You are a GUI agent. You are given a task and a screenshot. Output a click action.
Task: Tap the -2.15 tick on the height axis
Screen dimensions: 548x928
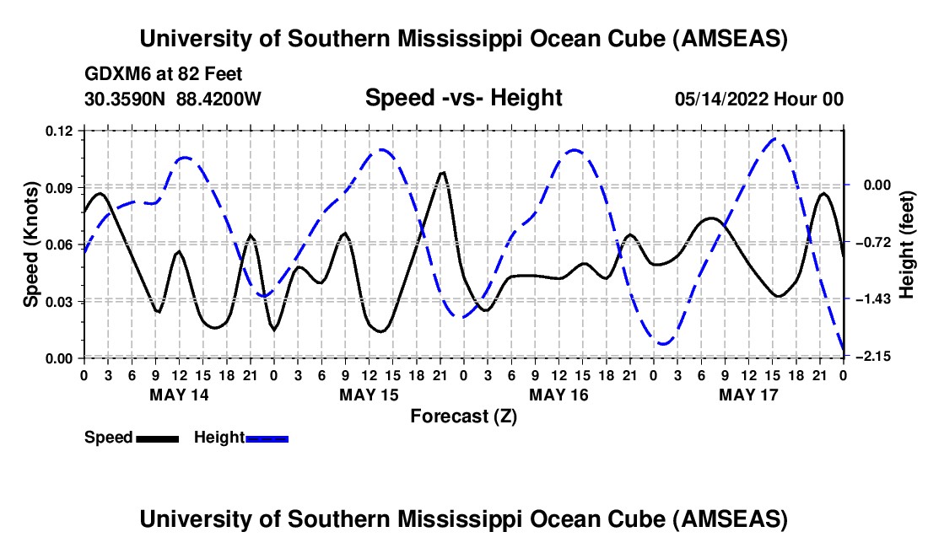pyautogui.click(x=866, y=357)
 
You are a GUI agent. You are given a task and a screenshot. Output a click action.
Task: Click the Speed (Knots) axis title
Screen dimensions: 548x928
pyautogui.click(x=30, y=244)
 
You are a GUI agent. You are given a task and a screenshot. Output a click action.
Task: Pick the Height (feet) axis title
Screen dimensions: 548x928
pyautogui.click(x=907, y=244)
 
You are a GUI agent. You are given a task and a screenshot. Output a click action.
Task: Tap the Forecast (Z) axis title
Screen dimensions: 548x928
pyautogui.click(x=463, y=416)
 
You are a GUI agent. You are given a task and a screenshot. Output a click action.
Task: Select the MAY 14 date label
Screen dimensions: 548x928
pyautogui.click(x=178, y=395)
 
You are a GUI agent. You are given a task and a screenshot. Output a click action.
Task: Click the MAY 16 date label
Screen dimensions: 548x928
pyautogui.click(x=558, y=395)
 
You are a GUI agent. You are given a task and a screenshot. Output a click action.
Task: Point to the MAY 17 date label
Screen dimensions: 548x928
pyautogui.click(x=747, y=395)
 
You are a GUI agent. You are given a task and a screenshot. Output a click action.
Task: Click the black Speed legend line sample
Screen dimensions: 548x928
pyautogui.click(x=157, y=438)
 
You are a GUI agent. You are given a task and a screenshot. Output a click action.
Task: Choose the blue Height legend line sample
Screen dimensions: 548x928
pyautogui.click(x=267, y=438)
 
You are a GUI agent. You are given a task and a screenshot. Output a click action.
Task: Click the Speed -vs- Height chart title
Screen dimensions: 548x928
pyautogui.click(x=463, y=99)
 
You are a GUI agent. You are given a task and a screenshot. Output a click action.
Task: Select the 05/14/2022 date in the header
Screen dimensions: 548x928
pyautogui.click(x=720, y=99)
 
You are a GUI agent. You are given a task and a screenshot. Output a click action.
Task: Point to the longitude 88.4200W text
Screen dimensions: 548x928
pyautogui.click(x=219, y=99)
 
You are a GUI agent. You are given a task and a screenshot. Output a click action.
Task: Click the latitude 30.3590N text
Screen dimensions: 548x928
pyautogui.click(x=127, y=99)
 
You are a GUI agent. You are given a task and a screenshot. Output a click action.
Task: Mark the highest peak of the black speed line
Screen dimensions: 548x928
pyautogui.click(x=442, y=172)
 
